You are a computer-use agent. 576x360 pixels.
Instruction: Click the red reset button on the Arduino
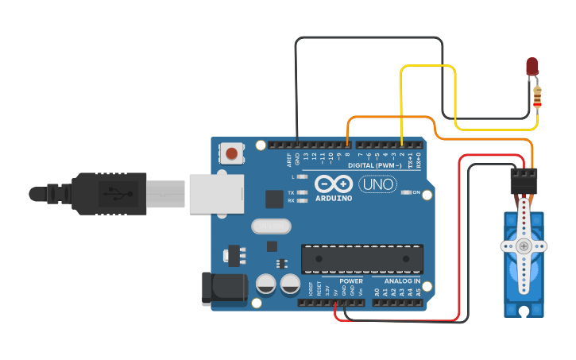pyautogui.click(x=232, y=153)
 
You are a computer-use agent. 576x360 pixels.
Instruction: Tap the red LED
pyautogui.click(x=532, y=66)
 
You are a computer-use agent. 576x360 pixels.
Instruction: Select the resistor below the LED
pyautogui.click(x=539, y=98)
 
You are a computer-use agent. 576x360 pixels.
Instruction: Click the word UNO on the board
pyautogui.click(x=378, y=185)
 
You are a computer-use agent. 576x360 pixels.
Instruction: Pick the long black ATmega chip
pyautogui.click(x=361, y=259)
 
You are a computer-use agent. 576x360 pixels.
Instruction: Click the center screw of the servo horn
pyautogui.click(x=524, y=246)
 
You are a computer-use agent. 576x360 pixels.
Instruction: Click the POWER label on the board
pyautogui.click(x=350, y=281)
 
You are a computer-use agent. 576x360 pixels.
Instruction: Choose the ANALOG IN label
pyautogui.click(x=403, y=281)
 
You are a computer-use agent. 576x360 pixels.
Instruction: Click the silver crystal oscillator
pyautogui.click(x=272, y=226)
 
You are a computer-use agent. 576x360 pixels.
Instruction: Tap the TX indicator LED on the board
pyautogui.click(x=301, y=193)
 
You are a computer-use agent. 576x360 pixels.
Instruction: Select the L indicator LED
pyautogui.click(x=301, y=176)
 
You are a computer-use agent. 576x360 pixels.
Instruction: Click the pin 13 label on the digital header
pyautogui.click(x=307, y=156)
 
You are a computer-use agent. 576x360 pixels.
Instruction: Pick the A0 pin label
pyautogui.click(x=377, y=292)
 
